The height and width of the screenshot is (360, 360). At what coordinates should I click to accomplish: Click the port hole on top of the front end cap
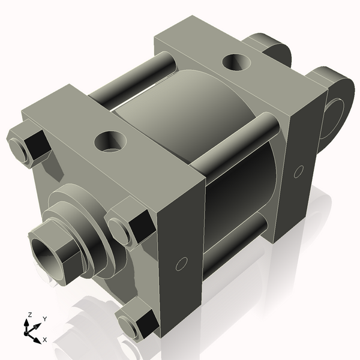tap(111, 142)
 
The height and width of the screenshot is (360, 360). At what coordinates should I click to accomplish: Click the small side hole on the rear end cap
tap(298, 172)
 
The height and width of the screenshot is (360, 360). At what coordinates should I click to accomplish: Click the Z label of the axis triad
tap(29, 314)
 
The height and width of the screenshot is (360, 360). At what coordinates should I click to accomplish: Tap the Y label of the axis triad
tap(45, 319)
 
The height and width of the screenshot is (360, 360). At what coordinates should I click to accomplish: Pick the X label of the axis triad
tap(45, 340)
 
